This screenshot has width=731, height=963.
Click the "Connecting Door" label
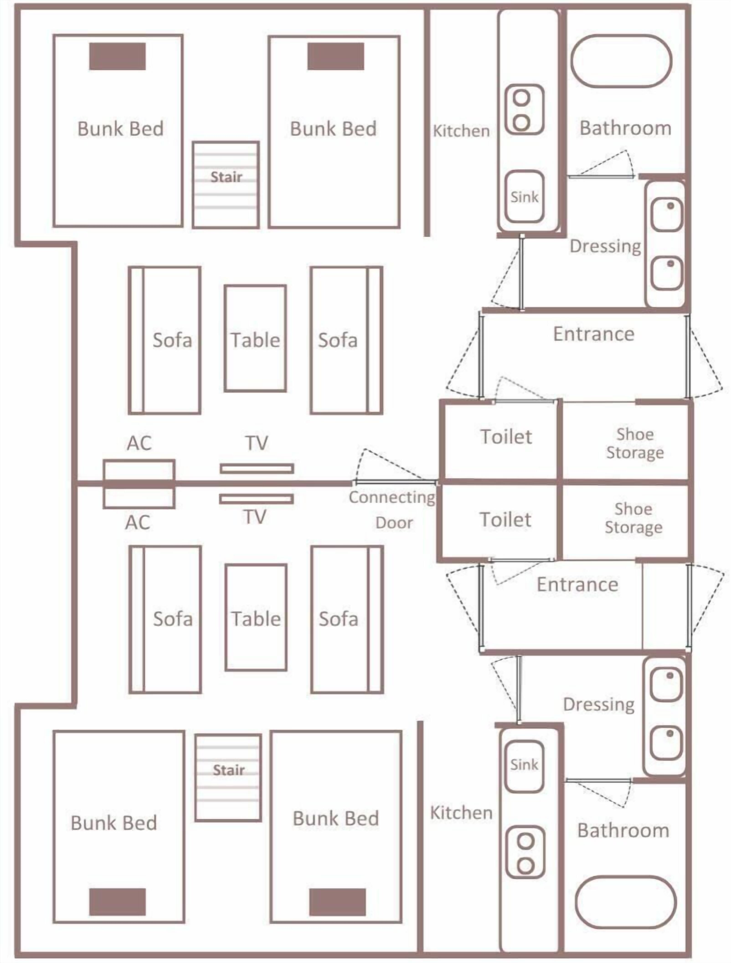click(x=392, y=509)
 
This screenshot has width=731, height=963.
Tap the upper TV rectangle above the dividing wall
click(x=257, y=469)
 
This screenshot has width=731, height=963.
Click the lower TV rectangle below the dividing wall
click(x=256, y=499)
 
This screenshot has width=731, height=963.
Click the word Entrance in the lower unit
click(x=577, y=584)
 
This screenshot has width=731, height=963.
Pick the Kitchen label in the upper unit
click(x=461, y=131)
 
